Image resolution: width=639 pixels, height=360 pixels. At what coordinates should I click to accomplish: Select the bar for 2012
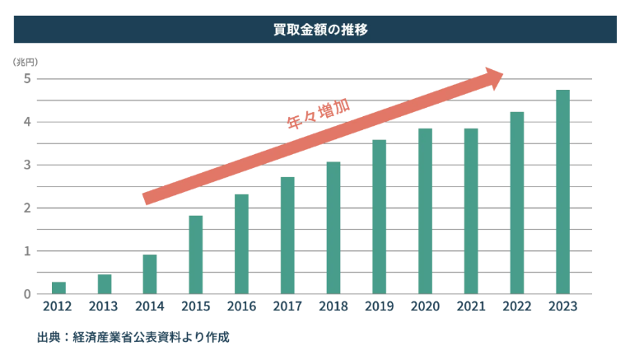[x=58, y=288]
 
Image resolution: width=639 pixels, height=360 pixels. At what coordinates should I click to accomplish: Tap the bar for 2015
[x=195, y=255]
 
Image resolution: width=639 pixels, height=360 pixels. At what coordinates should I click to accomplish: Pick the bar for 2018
[x=333, y=227]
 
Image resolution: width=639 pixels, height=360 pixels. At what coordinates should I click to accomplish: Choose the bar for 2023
[x=562, y=192]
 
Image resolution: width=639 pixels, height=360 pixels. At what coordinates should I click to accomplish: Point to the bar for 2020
[x=425, y=211]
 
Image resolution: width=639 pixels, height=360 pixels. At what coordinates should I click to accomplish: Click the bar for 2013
[x=105, y=284]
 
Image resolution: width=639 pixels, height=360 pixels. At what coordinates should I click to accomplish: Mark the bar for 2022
[x=516, y=203]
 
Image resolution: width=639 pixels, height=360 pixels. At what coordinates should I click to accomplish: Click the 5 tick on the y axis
[x=27, y=79]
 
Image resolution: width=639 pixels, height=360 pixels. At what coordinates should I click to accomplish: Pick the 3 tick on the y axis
[x=27, y=165]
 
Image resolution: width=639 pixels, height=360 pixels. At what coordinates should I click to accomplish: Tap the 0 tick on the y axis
[x=27, y=294]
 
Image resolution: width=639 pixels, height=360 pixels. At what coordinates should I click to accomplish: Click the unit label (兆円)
[x=26, y=62]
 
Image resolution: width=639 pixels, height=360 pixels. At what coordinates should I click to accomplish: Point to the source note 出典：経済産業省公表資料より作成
[x=133, y=338]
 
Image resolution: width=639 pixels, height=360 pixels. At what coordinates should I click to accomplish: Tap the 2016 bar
[x=241, y=244]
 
